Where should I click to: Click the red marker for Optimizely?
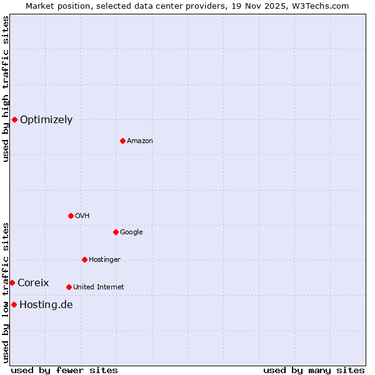click(x=14, y=119)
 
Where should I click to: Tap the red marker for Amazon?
click(x=122, y=141)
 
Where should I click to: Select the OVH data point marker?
click(x=71, y=216)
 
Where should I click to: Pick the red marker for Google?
click(x=116, y=232)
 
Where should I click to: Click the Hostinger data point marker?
click(x=84, y=259)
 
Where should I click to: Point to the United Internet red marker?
click(x=69, y=287)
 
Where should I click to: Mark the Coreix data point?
click(x=12, y=282)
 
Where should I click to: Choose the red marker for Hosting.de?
click(x=14, y=304)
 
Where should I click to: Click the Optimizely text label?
click(x=46, y=120)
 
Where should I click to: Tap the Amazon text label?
click(x=139, y=141)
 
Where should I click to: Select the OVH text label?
click(x=82, y=216)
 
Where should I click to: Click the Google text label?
click(x=131, y=232)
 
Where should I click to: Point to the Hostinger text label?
click(x=104, y=260)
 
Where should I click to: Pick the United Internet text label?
click(x=98, y=287)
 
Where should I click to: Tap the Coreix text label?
click(x=33, y=283)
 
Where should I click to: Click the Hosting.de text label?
click(x=46, y=305)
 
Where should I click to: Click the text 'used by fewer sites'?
click(x=64, y=370)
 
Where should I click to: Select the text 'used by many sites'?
click(x=314, y=370)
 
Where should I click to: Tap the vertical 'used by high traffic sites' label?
click(x=6, y=89)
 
